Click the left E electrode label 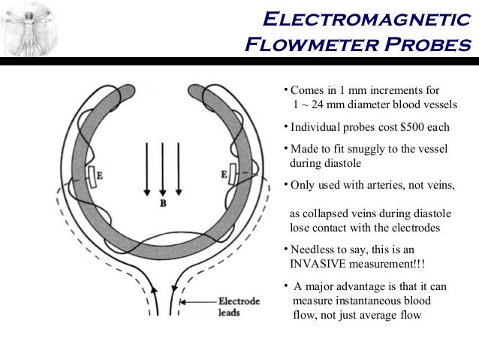101,177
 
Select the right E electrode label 224,174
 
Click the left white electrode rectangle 92,177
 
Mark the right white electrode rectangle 233,174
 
